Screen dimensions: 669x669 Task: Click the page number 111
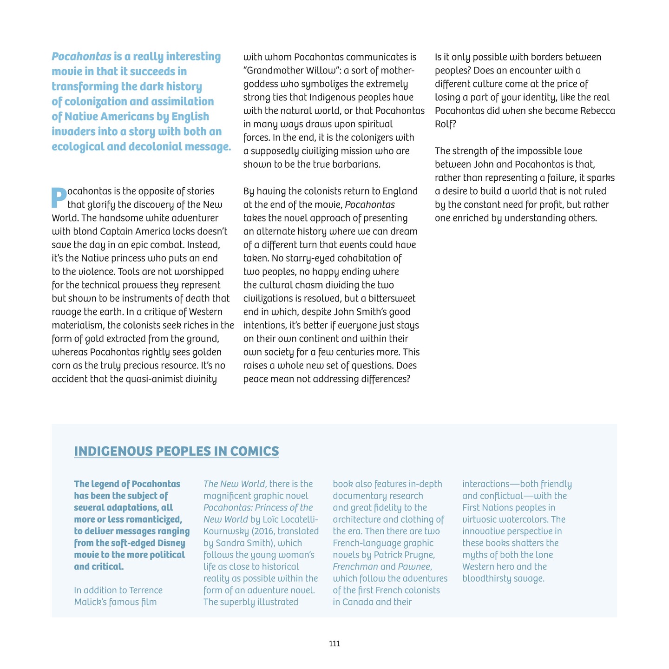pyautogui.click(x=334, y=643)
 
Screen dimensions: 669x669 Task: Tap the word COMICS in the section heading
pyautogui.click(x=255, y=451)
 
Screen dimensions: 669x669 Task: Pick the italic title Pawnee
pyautogui.click(x=414, y=566)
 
